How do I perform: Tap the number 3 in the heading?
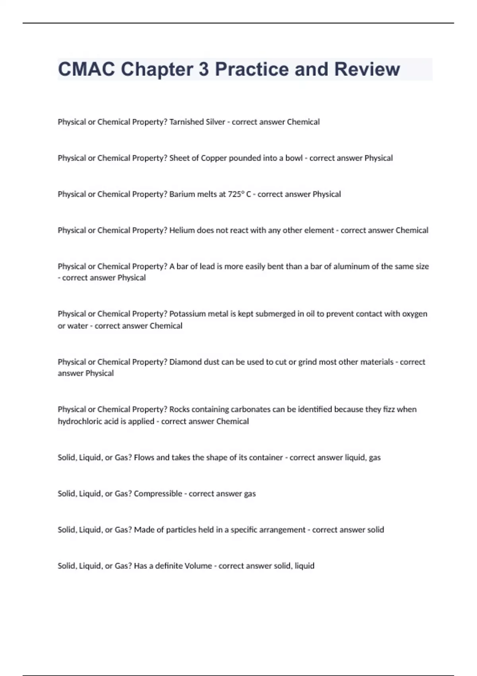coord(203,69)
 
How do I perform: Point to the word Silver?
coord(215,122)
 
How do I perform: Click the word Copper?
coord(213,158)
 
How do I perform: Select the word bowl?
coord(294,158)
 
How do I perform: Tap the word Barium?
coord(181,194)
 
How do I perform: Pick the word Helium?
coord(182,231)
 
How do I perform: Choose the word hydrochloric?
coord(79,422)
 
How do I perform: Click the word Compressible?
coord(158,494)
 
